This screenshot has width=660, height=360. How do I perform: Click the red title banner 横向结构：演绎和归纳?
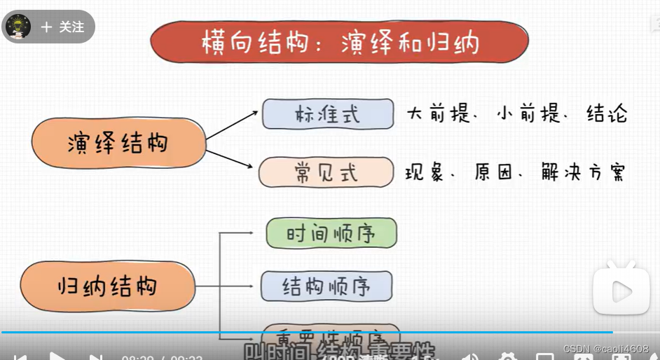pos(339,41)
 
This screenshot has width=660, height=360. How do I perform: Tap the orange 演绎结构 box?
pos(118,144)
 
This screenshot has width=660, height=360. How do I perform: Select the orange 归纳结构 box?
pos(107,286)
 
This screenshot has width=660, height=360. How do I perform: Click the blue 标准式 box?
pos(327,114)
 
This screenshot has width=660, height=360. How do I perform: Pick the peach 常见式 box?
pos(326,172)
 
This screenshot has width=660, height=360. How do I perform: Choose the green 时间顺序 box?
pos(331,233)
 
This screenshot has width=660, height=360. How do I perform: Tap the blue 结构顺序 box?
pos(326,286)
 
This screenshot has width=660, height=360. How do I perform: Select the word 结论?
pos(607,114)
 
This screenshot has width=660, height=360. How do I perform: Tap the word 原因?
pos(494,172)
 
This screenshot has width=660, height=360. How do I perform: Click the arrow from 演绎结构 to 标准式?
pos(231,125)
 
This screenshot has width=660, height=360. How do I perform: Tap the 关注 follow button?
pos(63,27)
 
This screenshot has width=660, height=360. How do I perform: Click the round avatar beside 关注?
pos(18,27)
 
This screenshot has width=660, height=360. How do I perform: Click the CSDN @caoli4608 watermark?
pos(606,348)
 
